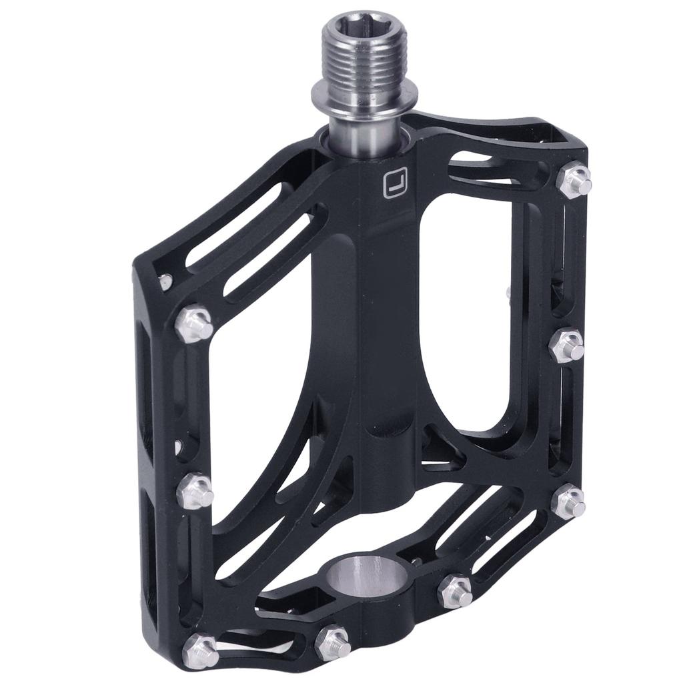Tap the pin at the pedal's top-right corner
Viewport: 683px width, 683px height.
574,179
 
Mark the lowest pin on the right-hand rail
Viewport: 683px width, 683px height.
569,501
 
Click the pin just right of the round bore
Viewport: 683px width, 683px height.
456,590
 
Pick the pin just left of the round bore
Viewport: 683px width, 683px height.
332,642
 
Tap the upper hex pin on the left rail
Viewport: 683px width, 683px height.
194,323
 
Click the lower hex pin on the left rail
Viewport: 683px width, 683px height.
195,492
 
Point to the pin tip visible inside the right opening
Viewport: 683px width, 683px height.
508,291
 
